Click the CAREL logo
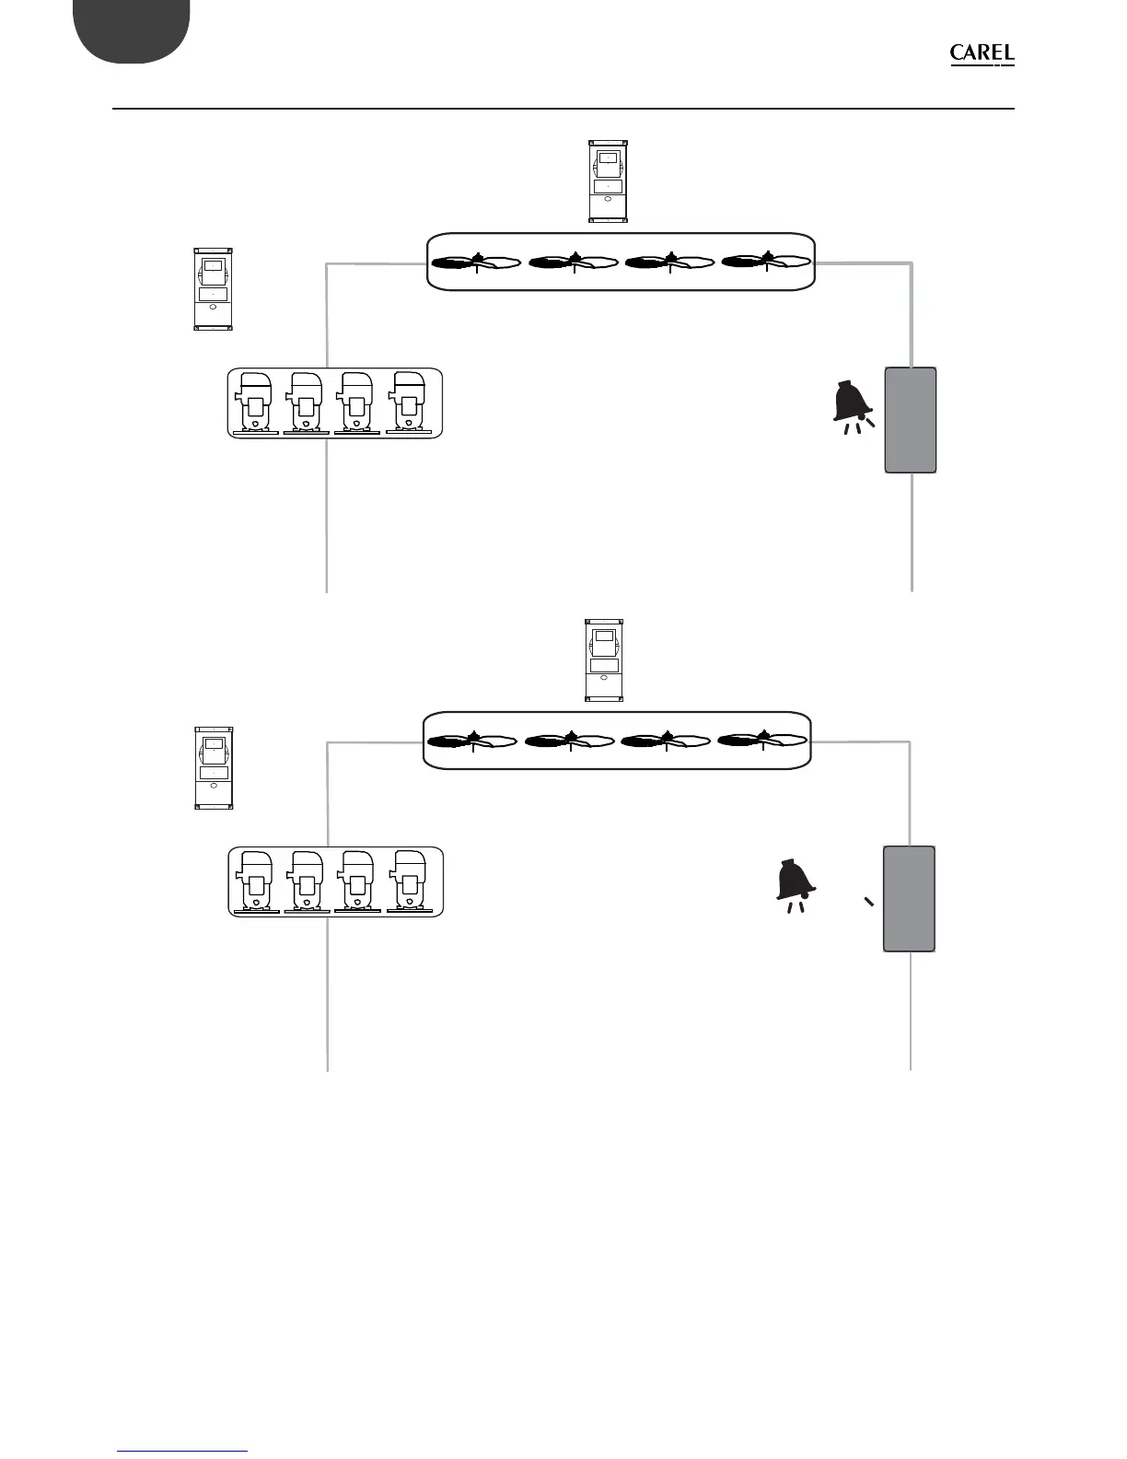pyautogui.click(x=982, y=54)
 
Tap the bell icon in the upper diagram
pyautogui.click(x=853, y=406)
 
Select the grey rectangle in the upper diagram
pyautogui.click(x=910, y=420)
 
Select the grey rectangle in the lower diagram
pyautogui.click(x=910, y=898)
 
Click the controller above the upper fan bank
pyautogui.click(x=607, y=181)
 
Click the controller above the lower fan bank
pyautogui.click(x=604, y=660)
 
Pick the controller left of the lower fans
pyautogui.click(x=214, y=768)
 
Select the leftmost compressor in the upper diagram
pyautogui.click(x=255, y=403)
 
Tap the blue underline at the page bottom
pyautogui.click(x=183, y=1451)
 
